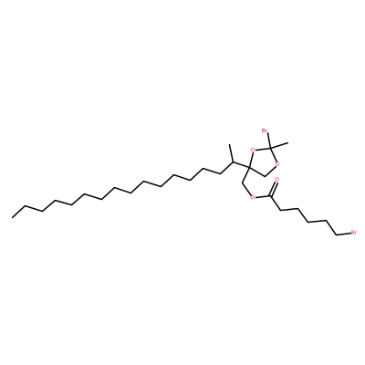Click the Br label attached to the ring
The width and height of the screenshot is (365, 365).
(x=265, y=131)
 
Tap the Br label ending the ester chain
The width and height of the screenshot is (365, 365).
(x=354, y=234)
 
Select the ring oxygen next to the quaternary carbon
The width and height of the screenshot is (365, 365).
(x=253, y=150)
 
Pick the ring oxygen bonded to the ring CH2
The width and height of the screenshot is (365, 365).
(x=277, y=165)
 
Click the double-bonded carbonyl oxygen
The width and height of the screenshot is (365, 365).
(x=276, y=180)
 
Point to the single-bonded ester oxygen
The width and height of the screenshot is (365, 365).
(x=252, y=197)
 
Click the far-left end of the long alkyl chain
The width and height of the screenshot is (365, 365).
(x=12, y=217)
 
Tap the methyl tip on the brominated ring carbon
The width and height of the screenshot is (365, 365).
(x=287, y=142)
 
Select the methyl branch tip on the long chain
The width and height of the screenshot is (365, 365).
(x=230, y=145)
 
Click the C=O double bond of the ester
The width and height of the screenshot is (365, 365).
(x=274, y=188)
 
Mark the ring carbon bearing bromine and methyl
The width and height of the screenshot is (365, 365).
(x=270, y=147)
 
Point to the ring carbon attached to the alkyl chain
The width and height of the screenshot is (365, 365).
(x=248, y=167)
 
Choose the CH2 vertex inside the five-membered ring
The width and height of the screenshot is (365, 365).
(x=265, y=175)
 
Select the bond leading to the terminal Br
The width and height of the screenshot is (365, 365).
(x=344, y=234)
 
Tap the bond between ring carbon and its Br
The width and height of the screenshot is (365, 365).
(x=267, y=140)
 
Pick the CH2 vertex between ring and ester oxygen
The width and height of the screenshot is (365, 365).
(x=242, y=183)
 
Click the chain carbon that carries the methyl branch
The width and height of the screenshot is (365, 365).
(x=233, y=162)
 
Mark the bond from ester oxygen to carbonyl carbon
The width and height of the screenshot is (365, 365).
(x=262, y=196)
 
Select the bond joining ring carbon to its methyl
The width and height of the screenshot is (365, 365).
(x=278, y=144)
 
